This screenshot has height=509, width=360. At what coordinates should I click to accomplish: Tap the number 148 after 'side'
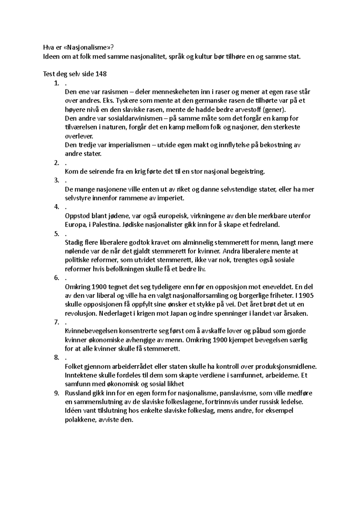(x=101, y=74)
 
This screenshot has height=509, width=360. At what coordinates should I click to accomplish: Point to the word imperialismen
(x=129, y=145)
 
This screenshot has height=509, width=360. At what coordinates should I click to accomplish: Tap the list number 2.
(x=56, y=163)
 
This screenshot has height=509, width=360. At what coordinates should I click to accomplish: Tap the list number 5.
(x=56, y=234)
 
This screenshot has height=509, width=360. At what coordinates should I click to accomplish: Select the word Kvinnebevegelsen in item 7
(x=91, y=331)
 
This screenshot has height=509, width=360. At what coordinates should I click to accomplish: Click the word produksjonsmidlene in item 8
(x=287, y=366)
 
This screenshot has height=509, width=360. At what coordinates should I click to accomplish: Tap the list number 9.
(x=56, y=393)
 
